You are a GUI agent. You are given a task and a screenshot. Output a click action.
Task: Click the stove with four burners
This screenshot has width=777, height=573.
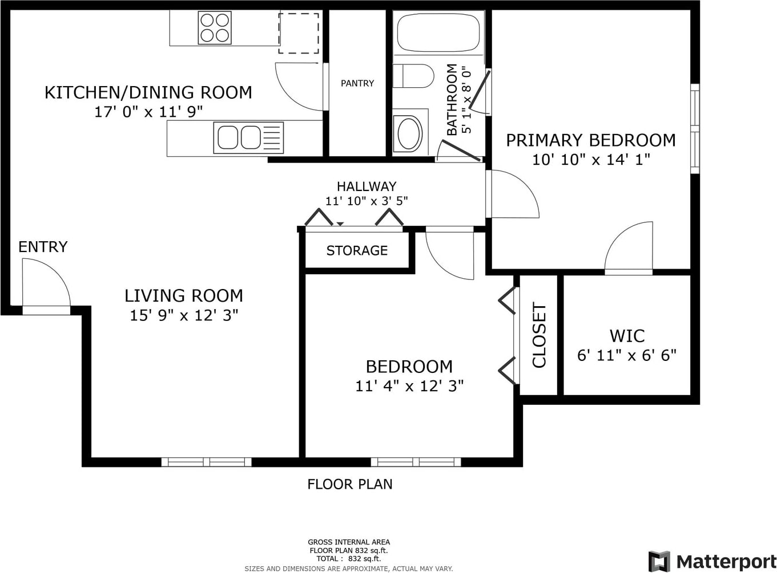tap(215, 27)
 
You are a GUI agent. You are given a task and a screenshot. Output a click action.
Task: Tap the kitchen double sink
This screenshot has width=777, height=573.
tap(248, 137)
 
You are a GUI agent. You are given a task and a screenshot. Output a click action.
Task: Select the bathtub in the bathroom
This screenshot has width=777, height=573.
tap(438, 32)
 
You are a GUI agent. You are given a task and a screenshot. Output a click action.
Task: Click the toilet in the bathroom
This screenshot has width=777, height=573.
tap(413, 76)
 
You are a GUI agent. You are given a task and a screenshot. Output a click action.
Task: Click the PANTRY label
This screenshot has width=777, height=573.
tap(357, 83)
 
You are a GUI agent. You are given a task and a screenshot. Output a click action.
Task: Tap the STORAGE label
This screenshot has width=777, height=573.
tap(357, 250)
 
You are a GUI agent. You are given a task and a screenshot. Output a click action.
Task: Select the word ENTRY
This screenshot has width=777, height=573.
tap(43, 247)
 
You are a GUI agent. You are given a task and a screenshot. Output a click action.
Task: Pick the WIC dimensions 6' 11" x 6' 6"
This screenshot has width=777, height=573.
tap(626, 356)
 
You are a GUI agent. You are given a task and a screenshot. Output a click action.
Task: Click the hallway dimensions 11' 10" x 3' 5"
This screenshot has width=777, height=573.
tap(367, 201)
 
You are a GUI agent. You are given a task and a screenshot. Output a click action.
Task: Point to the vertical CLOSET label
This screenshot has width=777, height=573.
tap(539, 335)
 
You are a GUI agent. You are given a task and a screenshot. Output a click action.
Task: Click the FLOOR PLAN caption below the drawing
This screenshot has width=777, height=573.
tap(350, 484)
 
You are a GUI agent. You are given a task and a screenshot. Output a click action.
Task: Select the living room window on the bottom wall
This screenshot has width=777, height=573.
tap(206, 462)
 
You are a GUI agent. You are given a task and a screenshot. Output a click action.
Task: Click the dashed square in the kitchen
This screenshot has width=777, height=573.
tap(299, 33)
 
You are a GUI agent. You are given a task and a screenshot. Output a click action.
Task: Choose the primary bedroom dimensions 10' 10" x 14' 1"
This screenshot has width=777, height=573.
tap(591, 160)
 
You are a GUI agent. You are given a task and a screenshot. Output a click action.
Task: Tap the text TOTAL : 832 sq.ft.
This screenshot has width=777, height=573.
tap(349, 559)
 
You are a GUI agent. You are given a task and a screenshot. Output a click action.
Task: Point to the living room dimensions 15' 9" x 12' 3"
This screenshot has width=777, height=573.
tap(184, 315)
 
